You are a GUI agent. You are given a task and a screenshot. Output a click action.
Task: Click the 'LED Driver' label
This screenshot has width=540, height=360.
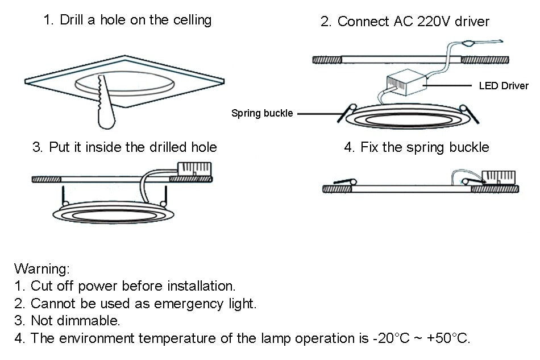(504, 86)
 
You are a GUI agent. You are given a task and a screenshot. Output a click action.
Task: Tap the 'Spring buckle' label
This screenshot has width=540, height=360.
(262, 113)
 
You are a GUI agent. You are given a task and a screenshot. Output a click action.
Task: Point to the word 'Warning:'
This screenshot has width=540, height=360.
(42, 268)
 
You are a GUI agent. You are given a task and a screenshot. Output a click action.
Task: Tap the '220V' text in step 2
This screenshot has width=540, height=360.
(430, 22)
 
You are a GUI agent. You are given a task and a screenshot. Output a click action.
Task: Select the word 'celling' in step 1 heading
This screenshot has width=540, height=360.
(192, 20)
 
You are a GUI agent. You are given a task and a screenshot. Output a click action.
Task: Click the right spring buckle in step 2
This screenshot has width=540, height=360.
(470, 112)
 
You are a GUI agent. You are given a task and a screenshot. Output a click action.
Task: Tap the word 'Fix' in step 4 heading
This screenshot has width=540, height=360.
(370, 147)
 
